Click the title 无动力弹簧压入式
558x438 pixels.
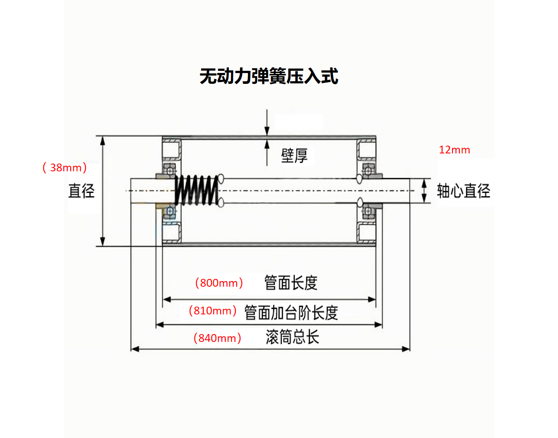[x=269, y=76]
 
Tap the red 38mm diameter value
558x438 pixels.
[x=65, y=167]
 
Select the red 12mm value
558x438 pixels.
[x=454, y=150]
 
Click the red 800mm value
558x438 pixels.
[x=219, y=283]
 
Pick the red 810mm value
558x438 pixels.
[x=212, y=311]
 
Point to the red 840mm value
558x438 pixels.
[x=217, y=338]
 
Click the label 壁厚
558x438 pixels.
[x=294, y=155]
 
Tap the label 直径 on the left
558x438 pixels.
[x=81, y=191]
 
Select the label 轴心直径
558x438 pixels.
[x=463, y=191]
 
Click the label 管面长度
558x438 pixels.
[x=291, y=283]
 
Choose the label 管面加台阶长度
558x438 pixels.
[x=291, y=312]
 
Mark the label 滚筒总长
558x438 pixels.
[x=292, y=337]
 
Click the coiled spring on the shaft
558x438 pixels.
[x=197, y=190]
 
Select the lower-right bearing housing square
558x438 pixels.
[x=366, y=232]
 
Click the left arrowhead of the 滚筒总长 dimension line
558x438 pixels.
[x=135, y=349]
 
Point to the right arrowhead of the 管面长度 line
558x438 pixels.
[x=372, y=299]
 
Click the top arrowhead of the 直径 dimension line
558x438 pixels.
[x=103, y=140]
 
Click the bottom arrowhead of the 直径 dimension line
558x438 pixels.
[x=103, y=242]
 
